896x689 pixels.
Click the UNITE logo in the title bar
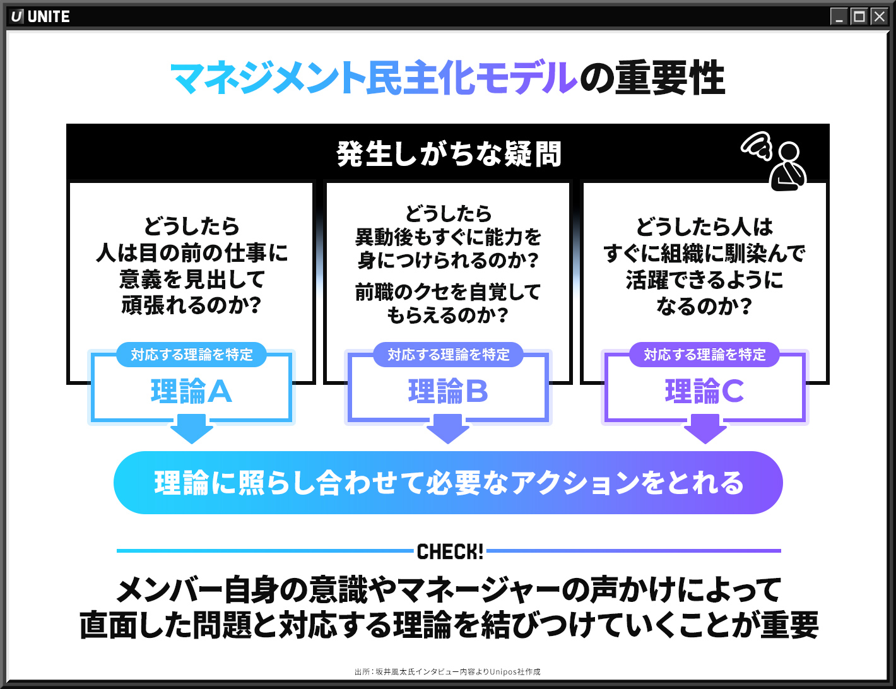40,16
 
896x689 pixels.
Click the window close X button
880,16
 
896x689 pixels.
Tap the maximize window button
859,16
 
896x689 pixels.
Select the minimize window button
839,16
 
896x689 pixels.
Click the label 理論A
191,391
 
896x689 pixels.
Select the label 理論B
448,391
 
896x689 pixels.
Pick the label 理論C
705,391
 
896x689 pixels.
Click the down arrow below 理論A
192,429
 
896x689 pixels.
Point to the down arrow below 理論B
448,429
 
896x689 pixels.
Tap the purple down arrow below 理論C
705,429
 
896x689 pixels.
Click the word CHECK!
450,551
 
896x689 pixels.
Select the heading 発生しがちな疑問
449,154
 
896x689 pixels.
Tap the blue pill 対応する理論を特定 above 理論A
191,355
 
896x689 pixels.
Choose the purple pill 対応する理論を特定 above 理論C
705,355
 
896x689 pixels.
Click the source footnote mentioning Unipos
447,672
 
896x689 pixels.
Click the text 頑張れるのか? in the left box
192,305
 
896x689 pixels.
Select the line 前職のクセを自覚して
448,291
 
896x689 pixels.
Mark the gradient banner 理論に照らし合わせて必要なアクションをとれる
448,483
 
